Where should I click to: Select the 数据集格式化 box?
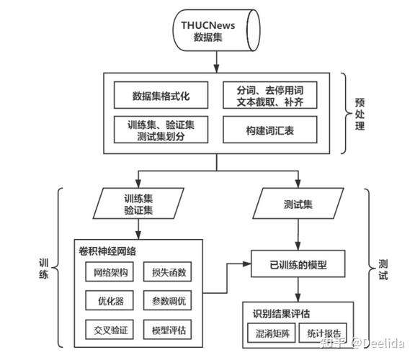click(161, 94)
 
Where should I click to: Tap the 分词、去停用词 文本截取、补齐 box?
click(270, 94)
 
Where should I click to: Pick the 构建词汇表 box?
click(270, 130)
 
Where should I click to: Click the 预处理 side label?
click(360, 113)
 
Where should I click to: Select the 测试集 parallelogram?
click(297, 204)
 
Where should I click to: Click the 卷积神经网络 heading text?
click(107, 251)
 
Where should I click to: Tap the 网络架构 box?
click(110, 273)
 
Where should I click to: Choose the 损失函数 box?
click(169, 273)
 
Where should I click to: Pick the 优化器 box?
click(110, 302)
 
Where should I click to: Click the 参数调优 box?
click(169, 302)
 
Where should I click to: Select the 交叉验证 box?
click(110, 330)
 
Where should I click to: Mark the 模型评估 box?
click(169, 330)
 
